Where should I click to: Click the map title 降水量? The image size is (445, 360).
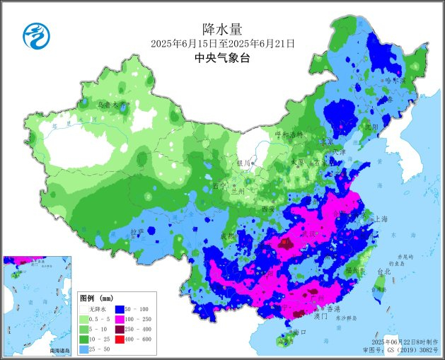click(222, 29)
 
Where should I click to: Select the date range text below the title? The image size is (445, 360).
click(222, 44)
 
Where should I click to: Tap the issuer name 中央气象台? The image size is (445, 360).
click(222, 59)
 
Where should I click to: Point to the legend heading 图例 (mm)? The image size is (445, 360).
click(96, 298)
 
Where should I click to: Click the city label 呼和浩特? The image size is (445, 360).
click(288, 134)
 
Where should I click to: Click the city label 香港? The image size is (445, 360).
click(331, 310)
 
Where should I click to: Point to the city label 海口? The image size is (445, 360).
click(297, 332)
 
